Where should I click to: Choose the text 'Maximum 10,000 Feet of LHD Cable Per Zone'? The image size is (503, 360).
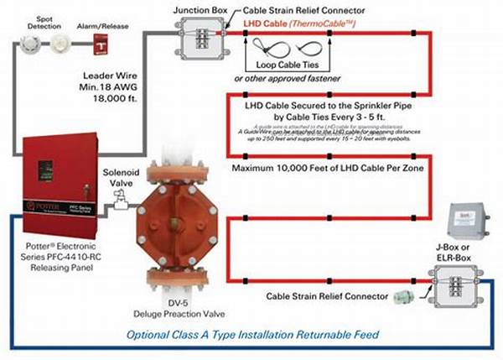(x=323, y=167)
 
